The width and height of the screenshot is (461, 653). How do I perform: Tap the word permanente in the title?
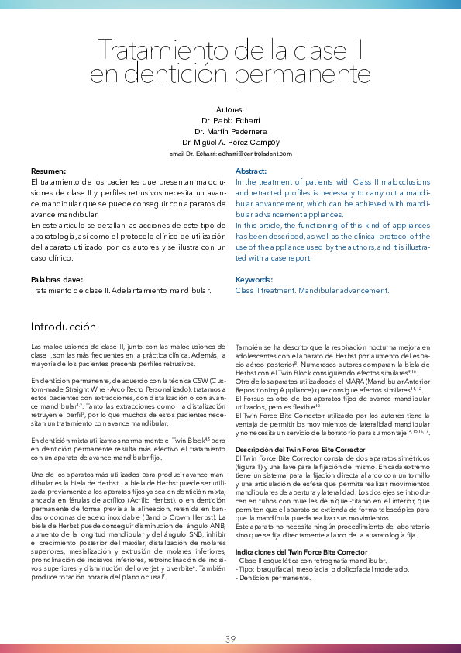pos(309,76)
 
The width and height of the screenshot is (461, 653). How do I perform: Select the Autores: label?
pos(230,110)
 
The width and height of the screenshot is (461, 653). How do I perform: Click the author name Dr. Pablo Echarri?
pos(230,121)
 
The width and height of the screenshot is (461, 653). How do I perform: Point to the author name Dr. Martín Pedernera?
pos(230,132)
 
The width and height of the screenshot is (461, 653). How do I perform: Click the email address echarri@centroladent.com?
pos(253,154)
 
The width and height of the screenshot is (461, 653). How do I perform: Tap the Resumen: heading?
pos(48,171)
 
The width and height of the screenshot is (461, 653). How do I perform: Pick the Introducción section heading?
pos(64,326)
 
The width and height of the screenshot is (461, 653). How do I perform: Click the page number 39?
pos(230,639)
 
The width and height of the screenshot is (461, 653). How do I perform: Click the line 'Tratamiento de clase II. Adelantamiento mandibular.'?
pos(120,290)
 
